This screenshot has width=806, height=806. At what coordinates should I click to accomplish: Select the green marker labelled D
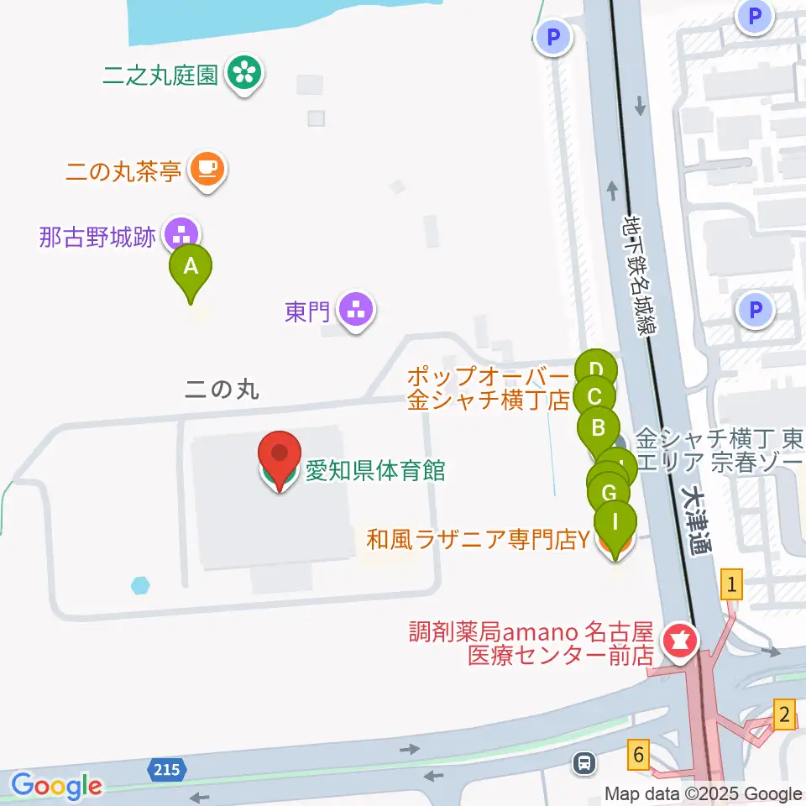pyautogui.click(x=596, y=369)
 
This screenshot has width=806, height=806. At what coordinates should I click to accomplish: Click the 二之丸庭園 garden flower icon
pyautogui.click(x=245, y=75)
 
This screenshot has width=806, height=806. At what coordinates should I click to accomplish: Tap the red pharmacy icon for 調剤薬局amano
pyautogui.click(x=680, y=643)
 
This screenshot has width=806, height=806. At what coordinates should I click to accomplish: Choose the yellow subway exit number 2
pyautogui.click(x=784, y=715)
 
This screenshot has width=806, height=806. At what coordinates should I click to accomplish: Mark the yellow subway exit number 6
pyautogui.click(x=640, y=756)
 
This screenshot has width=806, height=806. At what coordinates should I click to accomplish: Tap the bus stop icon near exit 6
pyautogui.click(x=584, y=763)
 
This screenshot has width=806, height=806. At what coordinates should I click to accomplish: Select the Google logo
pyautogui.click(x=56, y=787)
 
